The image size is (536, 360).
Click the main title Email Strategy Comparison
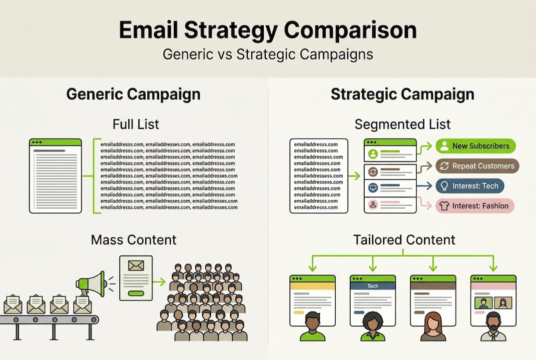tap(268, 30)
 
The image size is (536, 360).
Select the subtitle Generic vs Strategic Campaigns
tap(268, 54)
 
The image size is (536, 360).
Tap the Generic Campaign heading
tap(133, 94)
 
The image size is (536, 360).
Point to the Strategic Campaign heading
tap(402, 94)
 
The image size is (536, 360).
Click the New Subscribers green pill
tap(475, 146)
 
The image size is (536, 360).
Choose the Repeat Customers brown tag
tap(477, 166)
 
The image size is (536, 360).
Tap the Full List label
tap(136, 123)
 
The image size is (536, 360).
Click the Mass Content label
tap(133, 239)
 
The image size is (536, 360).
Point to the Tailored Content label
tap(404, 239)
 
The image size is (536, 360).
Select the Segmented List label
tap(402, 123)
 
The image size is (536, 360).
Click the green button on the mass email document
tap(136, 293)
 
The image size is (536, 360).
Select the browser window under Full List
tap(55, 176)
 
